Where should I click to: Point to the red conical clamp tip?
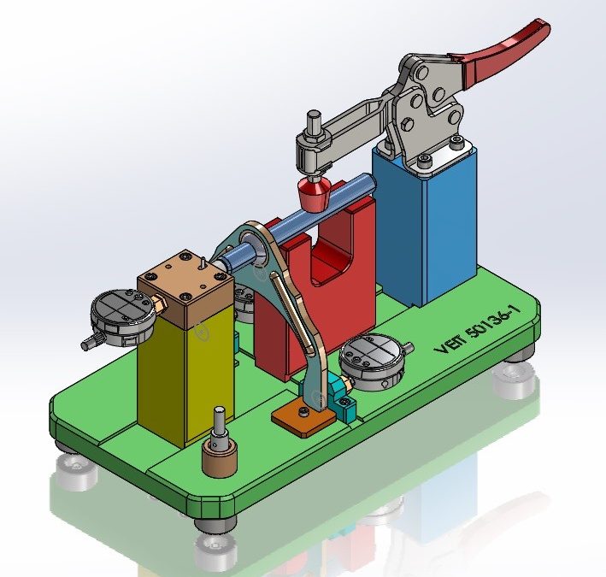pos(314,197)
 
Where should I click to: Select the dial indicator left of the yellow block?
pos(121,318)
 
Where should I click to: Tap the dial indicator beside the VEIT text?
pos(369,359)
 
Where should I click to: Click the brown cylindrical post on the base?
pos(219,456)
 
